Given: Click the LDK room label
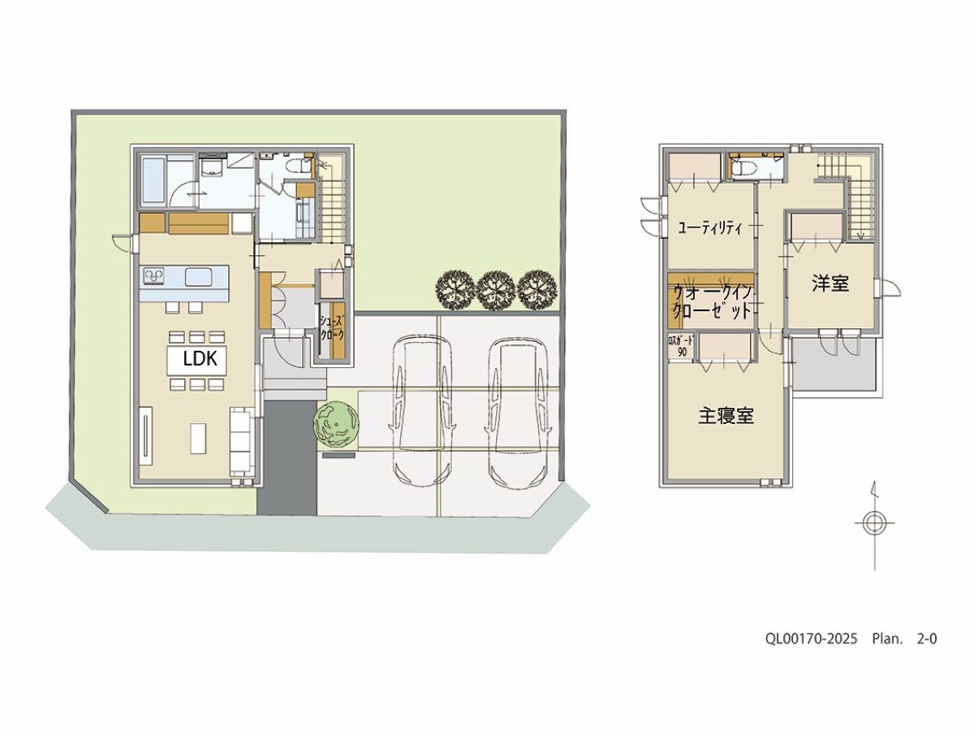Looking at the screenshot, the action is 200,359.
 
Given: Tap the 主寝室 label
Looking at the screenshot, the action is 726,415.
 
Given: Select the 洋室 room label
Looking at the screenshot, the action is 830,283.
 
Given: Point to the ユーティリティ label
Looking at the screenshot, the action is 710,228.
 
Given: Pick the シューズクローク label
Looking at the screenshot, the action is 332,327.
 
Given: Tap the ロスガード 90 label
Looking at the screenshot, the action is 681,347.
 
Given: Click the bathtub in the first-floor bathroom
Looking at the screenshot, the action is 154,184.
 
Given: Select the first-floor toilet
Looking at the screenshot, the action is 302,167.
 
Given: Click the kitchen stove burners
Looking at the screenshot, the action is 153,276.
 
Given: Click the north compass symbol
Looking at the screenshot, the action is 874,524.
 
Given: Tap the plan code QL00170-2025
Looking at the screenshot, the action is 812,639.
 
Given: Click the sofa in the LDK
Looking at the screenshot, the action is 242,441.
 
